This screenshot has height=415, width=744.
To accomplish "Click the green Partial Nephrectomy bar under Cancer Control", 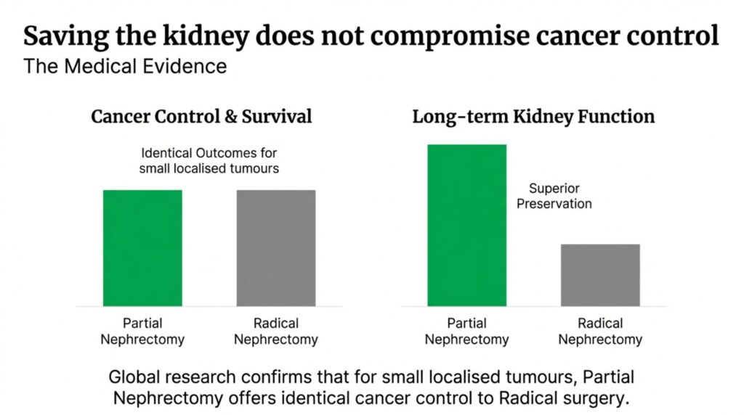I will tap(142, 247).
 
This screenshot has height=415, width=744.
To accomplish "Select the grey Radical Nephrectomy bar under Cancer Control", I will tap(276, 247).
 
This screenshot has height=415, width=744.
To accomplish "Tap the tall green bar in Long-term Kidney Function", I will tap(466, 225).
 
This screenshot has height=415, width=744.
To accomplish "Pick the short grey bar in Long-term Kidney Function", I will tap(600, 275).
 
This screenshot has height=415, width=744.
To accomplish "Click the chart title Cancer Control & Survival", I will tap(201, 116).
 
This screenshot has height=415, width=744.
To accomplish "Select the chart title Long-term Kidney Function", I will tap(533, 116).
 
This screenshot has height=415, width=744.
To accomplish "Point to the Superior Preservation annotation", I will tap(554, 196).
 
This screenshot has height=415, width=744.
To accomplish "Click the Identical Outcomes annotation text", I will tap(209, 161).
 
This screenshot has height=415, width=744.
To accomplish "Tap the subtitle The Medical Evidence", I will tap(125, 67).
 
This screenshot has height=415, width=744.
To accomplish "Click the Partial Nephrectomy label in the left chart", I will tap(142, 331).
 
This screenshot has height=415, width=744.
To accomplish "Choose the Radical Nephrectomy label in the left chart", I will tap(276, 331).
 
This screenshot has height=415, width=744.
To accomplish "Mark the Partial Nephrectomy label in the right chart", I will tap(466, 331).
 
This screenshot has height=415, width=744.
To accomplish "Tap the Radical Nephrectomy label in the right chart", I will tap(600, 331).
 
